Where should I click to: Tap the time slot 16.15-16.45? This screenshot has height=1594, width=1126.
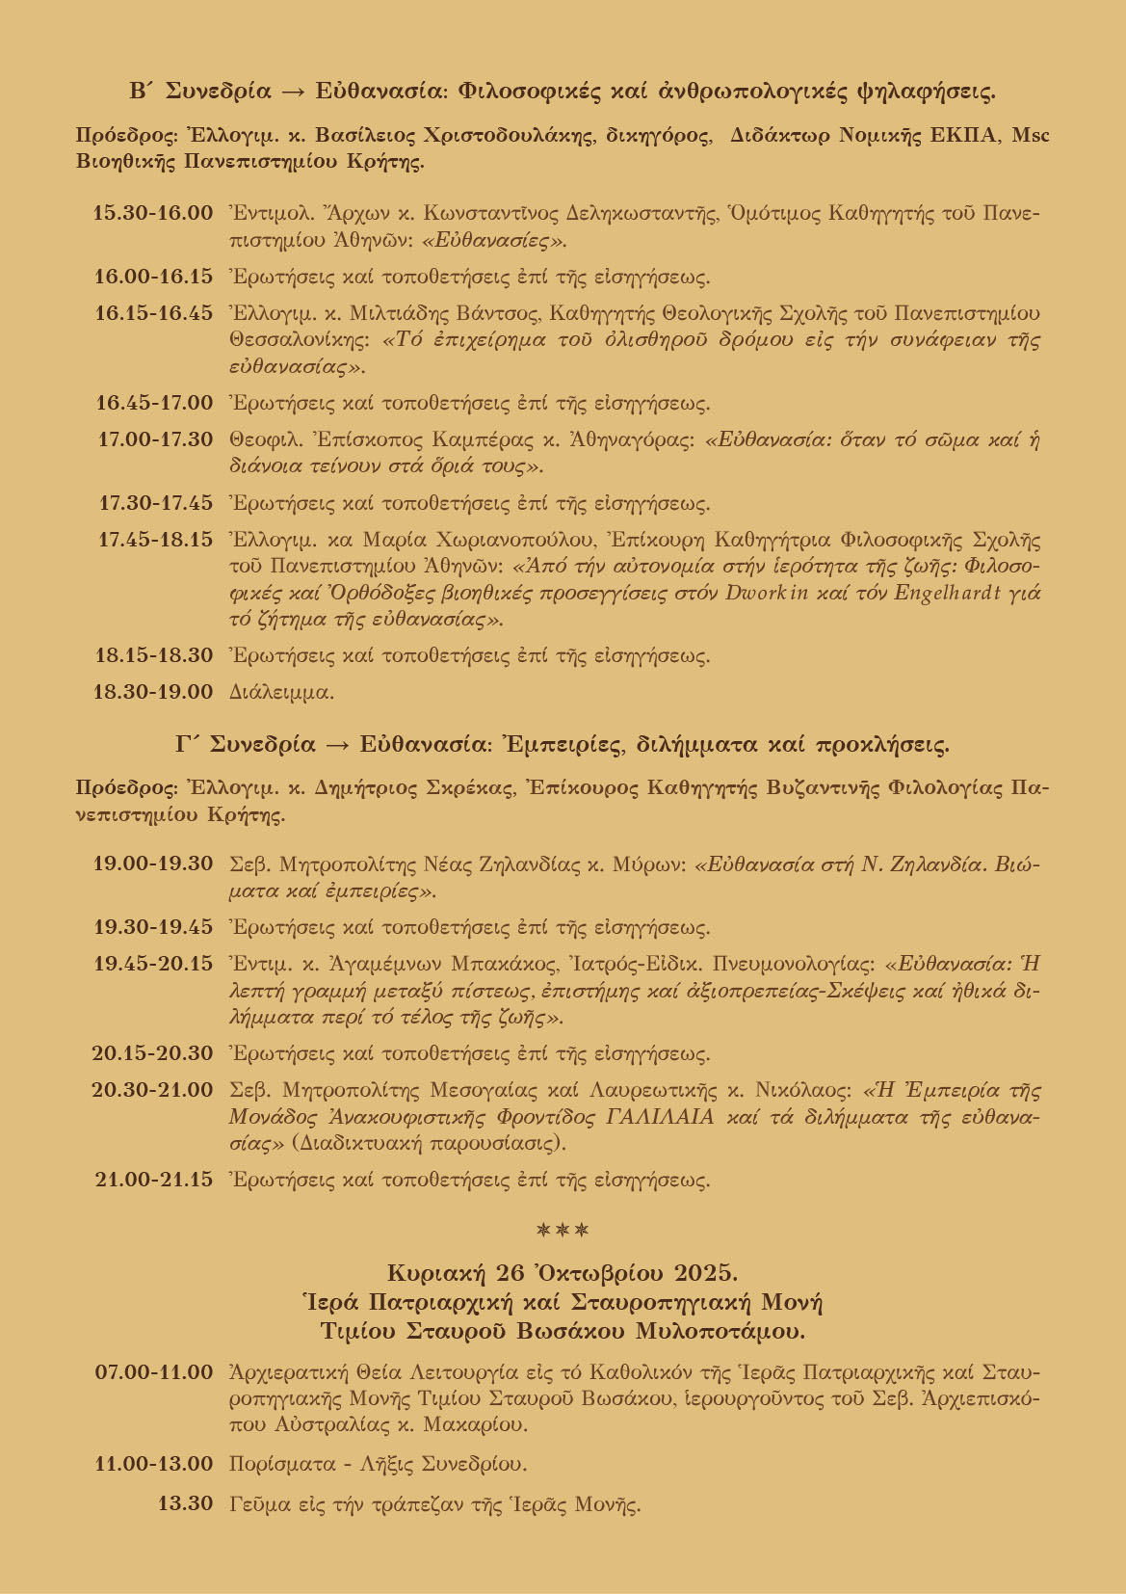[x=152, y=313]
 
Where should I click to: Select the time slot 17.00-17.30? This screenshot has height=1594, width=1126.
[x=155, y=439]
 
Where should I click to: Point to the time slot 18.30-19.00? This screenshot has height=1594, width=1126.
[x=152, y=691]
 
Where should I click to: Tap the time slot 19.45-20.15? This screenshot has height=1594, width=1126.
[x=152, y=963]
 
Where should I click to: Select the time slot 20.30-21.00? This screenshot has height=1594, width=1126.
[x=152, y=1090]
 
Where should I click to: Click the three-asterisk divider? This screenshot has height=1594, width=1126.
[x=563, y=1230]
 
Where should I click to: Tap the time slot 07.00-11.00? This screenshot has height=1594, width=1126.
[x=153, y=1371]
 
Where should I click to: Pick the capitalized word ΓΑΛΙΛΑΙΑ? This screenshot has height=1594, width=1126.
[x=660, y=1118]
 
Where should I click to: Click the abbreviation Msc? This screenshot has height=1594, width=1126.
[x=1032, y=136]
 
